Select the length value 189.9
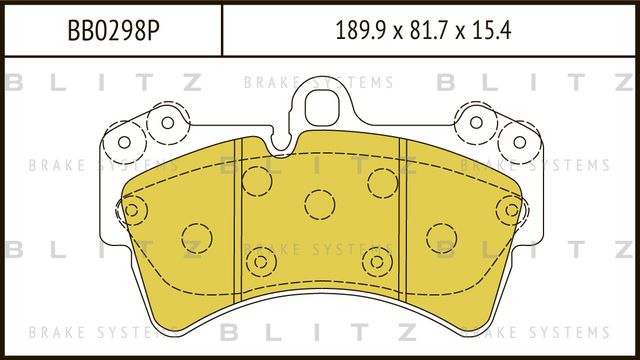pos(360,28)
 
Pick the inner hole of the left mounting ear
pos(167,123)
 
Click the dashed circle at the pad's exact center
pos(320,204)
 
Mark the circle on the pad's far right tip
pos(510,210)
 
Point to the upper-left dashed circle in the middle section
pos(257,181)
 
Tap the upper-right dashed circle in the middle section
pos(382,181)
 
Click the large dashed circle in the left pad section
pos(197,238)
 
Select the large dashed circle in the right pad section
pos(441,238)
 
